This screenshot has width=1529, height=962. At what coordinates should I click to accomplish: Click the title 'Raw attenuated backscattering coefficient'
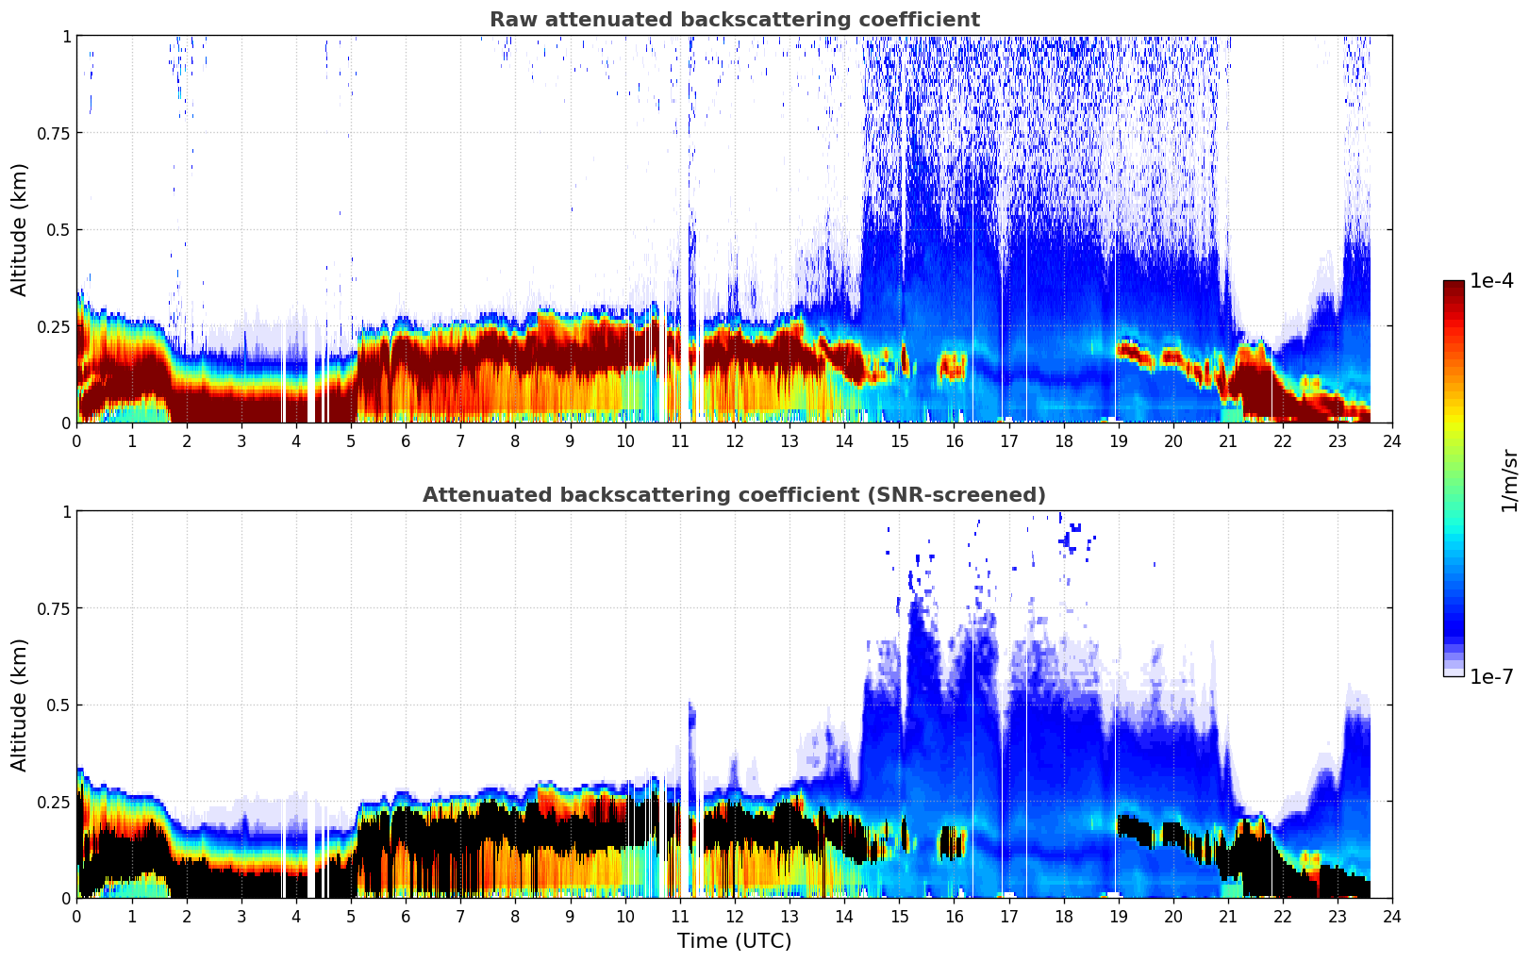coord(734,20)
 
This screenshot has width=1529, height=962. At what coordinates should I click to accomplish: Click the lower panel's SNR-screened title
coord(734,495)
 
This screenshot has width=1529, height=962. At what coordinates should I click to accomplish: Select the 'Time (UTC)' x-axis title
coord(734,941)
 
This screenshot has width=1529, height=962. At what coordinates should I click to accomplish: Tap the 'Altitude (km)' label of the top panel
coord(20,229)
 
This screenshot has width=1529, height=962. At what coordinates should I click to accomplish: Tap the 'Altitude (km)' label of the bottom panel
coord(20,705)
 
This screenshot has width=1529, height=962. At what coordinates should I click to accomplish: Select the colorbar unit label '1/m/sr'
coord(1509,481)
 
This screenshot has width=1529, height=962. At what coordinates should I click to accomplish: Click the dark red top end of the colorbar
coord(1454,286)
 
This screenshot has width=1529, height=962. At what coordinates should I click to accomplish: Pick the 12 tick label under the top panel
coord(734,440)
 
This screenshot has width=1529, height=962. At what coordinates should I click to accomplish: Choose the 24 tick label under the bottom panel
coord(1391,916)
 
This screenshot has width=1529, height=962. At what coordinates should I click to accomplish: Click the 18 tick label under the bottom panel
coord(1063,916)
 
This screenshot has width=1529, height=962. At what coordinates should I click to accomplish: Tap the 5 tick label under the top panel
coord(351,440)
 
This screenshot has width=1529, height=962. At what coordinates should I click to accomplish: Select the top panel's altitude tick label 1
coord(66,36)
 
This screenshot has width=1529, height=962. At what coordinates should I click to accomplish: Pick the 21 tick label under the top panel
coord(1227,440)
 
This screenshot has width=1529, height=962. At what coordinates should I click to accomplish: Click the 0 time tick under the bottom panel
coord(77,916)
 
